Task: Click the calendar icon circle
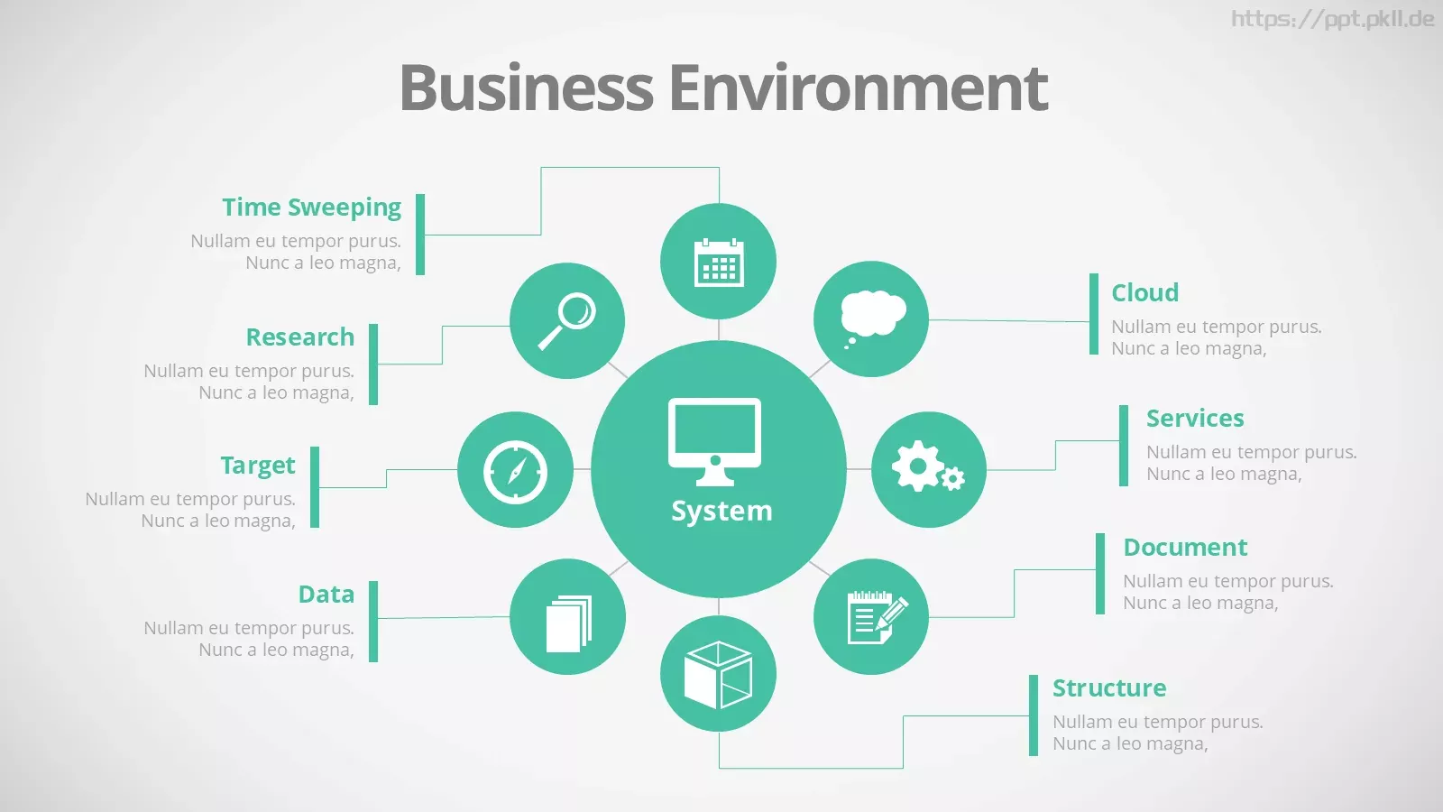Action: click(x=718, y=261)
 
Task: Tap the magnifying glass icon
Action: click(x=566, y=321)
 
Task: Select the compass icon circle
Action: click(x=515, y=470)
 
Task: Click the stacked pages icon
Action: click(x=569, y=623)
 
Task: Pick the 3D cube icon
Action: click(x=718, y=675)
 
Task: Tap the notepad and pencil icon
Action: click(x=877, y=617)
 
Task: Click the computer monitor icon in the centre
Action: click(x=714, y=442)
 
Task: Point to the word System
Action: click(x=721, y=511)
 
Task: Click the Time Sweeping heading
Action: click(x=312, y=208)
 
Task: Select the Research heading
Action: click(x=300, y=337)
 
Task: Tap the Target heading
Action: click(x=258, y=466)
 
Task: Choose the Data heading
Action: click(x=326, y=595)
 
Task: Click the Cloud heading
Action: click(x=1144, y=292)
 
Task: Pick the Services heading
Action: click(x=1195, y=419)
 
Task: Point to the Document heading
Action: click(x=1185, y=547)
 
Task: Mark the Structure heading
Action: click(x=1109, y=687)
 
